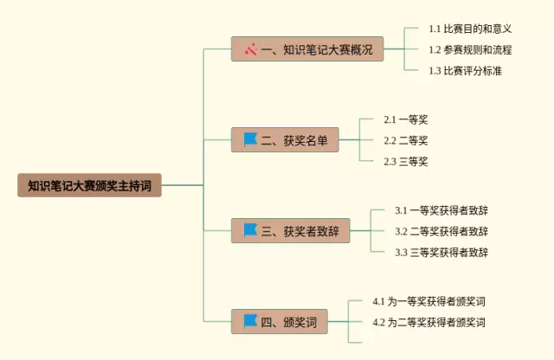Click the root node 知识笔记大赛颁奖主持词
[x=89, y=185]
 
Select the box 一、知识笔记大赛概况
[x=307, y=49]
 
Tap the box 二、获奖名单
[x=285, y=140]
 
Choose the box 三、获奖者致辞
[x=291, y=231]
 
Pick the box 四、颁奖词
[x=279, y=322]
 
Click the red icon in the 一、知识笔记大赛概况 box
[x=251, y=49]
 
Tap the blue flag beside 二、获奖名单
[x=250, y=139]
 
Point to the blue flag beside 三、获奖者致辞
[x=250, y=230]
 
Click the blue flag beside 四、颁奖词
[x=250, y=321]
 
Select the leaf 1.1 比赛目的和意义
[x=470, y=29]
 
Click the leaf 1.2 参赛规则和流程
[x=470, y=50]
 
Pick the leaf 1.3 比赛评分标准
[x=466, y=71]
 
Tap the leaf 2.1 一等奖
[x=406, y=119]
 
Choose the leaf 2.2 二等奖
[x=406, y=140]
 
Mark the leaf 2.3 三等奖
[x=406, y=162]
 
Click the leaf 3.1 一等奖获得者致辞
[x=441, y=210]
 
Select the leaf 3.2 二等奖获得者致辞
[x=441, y=231]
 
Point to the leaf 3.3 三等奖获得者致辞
[x=441, y=252]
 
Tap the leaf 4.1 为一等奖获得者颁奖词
[x=429, y=301]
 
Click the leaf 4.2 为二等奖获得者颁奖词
[x=429, y=322]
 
